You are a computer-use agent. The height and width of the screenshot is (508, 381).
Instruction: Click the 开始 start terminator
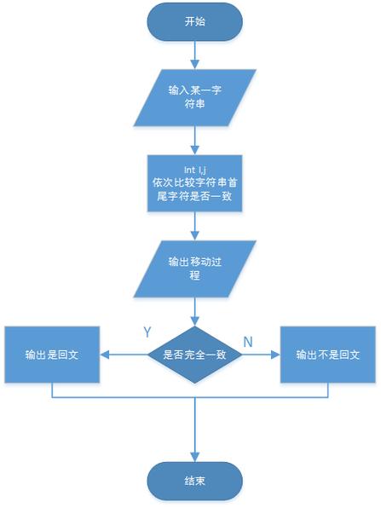[x=195, y=22]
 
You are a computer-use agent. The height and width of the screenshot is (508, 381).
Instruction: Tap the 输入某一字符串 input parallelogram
[x=195, y=99]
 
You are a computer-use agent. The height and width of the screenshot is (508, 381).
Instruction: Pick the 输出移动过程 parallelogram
[x=195, y=268]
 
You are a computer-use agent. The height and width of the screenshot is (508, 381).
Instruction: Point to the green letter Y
[x=146, y=329]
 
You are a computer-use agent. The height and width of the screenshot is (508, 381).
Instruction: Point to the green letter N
[x=248, y=341]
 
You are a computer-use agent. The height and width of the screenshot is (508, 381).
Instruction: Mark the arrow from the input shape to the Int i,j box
[x=195, y=138]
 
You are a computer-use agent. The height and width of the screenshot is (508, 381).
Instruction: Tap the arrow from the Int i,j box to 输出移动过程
[x=195, y=226]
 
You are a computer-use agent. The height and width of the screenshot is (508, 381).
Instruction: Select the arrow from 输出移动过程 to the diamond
[x=195, y=310]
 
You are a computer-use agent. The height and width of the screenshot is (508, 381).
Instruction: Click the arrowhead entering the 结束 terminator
[x=195, y=457]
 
